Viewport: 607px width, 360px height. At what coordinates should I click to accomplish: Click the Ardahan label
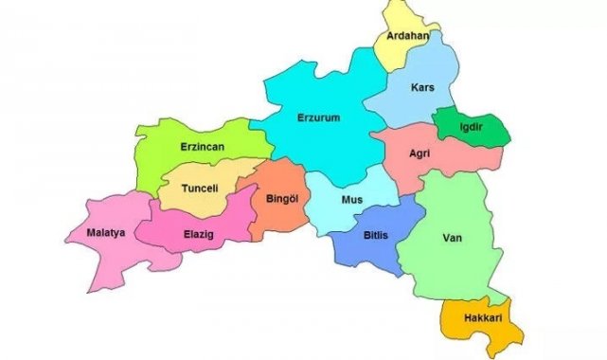(x=402, y=36)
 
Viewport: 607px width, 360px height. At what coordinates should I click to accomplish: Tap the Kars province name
(x=422, y=88)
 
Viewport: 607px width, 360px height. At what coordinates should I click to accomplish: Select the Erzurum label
(x=318, y=117)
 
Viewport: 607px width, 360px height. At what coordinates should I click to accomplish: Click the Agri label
(x=420, y=153)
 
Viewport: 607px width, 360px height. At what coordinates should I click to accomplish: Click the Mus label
(x=351, y=200)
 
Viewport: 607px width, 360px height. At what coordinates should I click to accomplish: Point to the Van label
(x=451, y=238)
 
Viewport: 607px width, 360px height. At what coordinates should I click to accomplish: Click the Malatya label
(x=105, y=232)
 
